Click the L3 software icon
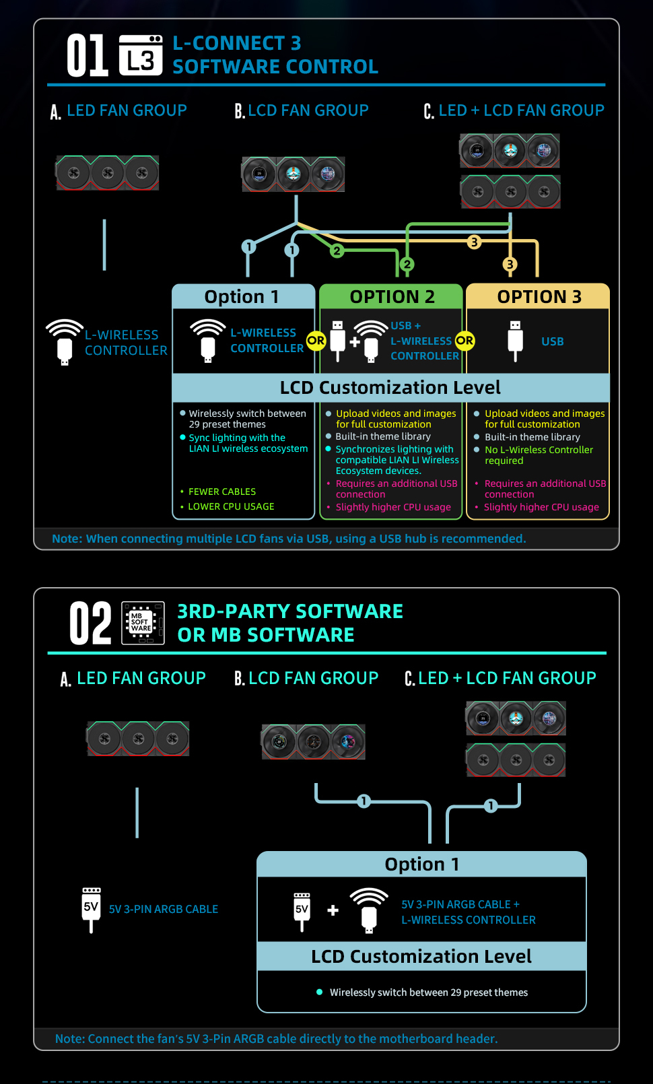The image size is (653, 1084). coord(140,55)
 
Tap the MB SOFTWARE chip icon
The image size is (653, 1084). coord(143,623)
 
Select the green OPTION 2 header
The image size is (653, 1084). coord(392,297)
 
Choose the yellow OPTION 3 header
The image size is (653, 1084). coord(539,297)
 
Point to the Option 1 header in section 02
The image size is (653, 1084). coord(422,865)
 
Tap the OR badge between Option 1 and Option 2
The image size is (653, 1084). coord(316,341)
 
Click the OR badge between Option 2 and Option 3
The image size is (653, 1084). coord(465,341)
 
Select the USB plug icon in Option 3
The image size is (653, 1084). coord(515,341)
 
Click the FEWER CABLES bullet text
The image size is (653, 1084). coord(222,492)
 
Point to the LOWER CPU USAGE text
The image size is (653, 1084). coord(231,507)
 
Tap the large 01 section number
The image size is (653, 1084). coord(87,55)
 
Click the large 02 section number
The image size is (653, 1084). coord(90,623)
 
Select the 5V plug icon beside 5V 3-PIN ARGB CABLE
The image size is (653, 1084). coord(91,910)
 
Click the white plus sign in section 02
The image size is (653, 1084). coord(333,910)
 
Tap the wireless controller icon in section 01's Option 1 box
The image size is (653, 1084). coord(207,341)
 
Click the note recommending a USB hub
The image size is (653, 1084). coord(289,539)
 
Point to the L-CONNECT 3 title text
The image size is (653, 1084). coord(237,43)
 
